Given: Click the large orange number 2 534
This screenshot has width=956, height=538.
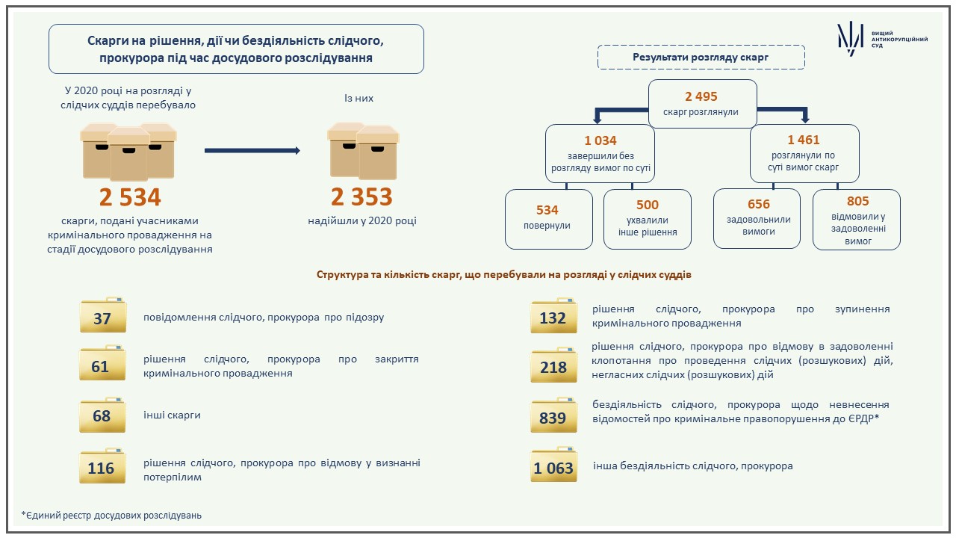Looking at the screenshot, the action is pyautogui.click(x=130, y=197).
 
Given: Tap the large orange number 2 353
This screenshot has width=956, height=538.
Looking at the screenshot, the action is pyautogui.click(x=361, y=197).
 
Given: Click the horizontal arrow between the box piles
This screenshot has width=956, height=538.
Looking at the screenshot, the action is pyautogui.click(x=252, y=150).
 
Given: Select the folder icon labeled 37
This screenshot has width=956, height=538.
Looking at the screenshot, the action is pyautogui.click(x=103, y=315).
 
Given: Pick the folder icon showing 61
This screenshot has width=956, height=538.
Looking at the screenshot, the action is pyautogui.click(x=102, y=363).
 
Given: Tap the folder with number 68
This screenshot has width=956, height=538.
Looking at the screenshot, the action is pyautogui.click(x=102, y=415).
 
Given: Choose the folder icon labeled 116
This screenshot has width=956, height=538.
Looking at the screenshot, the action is pyautogui.click(x=102, y=466).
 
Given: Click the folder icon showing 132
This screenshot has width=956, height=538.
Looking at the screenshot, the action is pyautogui.click(x=553, y=315).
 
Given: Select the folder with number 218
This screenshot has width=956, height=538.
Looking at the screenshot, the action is pyautogui.click(x=553, y=365).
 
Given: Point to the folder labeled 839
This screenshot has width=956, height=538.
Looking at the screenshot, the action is pyautogui.click(x=553, y=415).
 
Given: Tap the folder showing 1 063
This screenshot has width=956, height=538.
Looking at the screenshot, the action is pyautogui.click(x=553, y=465).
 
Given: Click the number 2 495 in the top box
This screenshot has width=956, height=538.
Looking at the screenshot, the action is pyautogui.click(x=701, y=96).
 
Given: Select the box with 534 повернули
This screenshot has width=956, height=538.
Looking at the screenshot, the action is pyautogui.click(x=549, y=219).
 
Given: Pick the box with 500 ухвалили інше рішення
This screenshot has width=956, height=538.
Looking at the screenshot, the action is pyautogui.click(x=648, y=219).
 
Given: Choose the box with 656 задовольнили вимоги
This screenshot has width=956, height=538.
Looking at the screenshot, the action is pyautogui.click(x=757, y=219).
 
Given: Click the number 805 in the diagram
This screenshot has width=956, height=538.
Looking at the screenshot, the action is pyautogui.click(x=858, y=201).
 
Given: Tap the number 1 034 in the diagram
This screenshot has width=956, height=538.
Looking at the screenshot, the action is pyautogui.click(x=600, y=140).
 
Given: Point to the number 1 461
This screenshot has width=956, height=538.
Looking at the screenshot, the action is pyautogui.click(x=804, y=140).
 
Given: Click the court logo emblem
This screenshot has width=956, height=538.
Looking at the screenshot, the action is pyautogui.click(x=850, y=38).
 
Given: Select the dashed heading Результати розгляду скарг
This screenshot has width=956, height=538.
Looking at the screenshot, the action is pyautogui.click(x=701, y=58).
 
